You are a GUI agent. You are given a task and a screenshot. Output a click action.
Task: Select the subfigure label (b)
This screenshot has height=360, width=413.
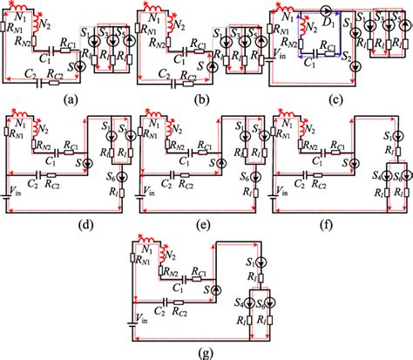point(203,100)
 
